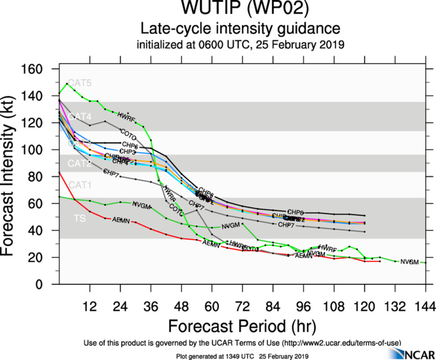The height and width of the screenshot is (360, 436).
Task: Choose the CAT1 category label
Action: (x=79, y=185)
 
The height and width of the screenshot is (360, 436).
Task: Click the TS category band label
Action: (x=79, y=218)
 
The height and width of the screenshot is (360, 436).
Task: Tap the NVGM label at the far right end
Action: (x=409, y=262)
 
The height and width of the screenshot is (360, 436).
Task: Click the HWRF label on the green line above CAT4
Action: (x=126, y=116)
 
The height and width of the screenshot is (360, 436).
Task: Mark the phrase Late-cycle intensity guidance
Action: (x=240, y=29)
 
